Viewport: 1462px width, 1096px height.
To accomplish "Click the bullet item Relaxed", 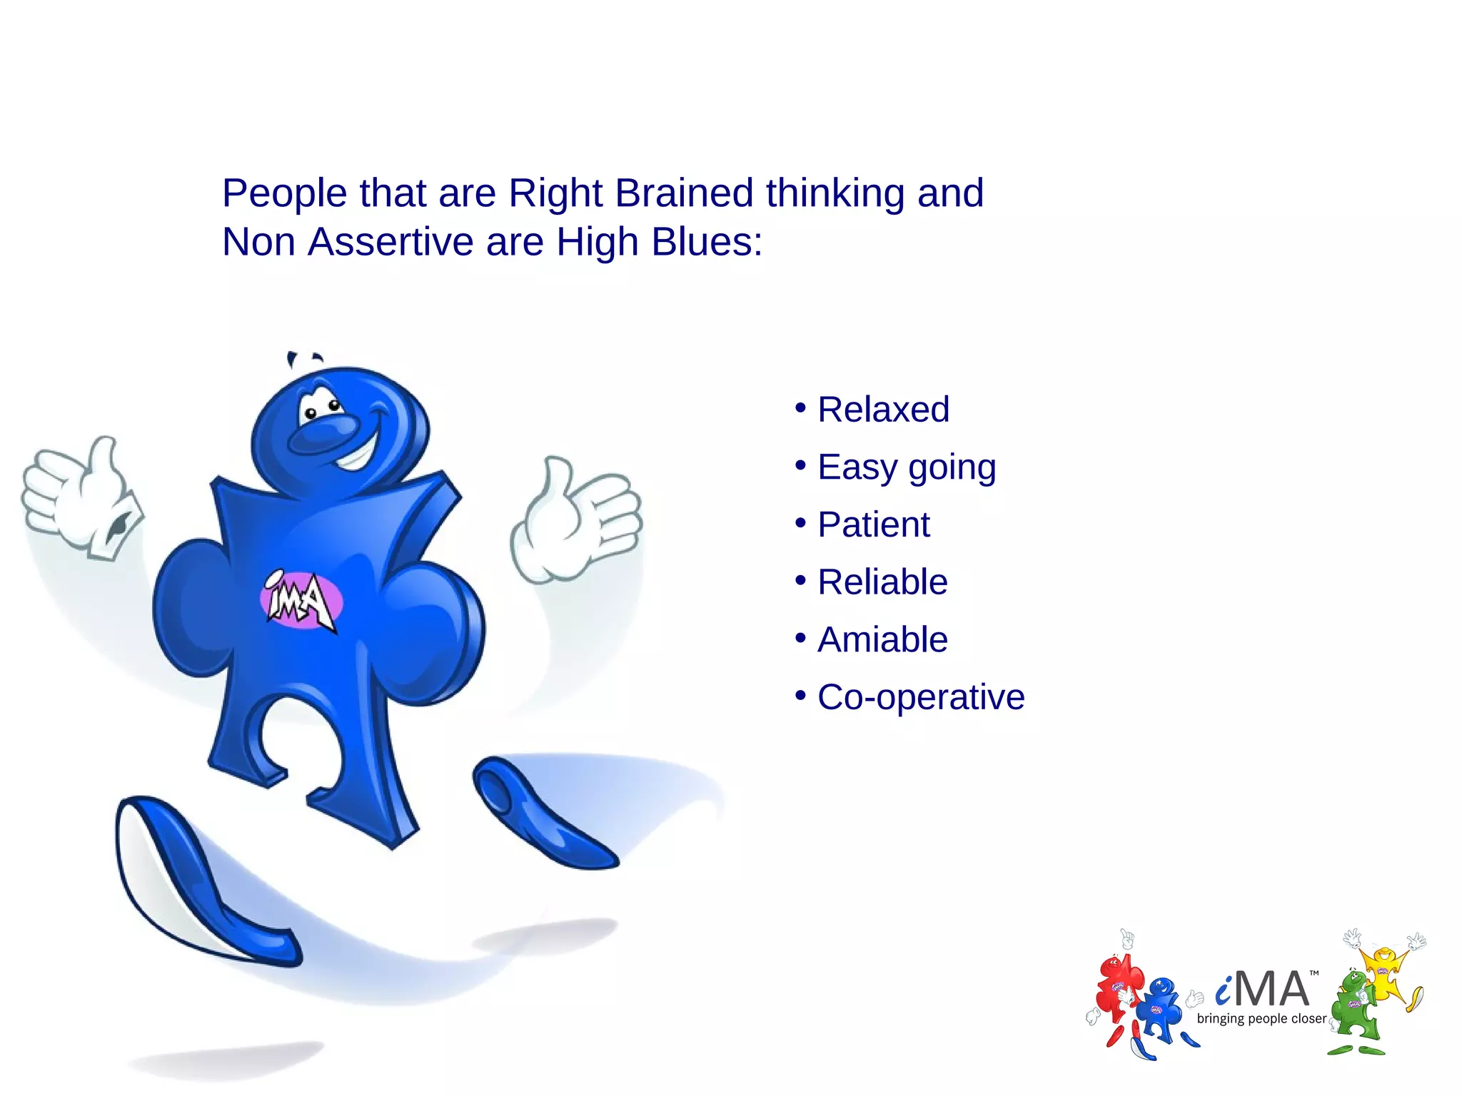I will click(x=882, y=410).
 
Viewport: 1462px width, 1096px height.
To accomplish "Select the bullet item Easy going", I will click(x=906, y=467).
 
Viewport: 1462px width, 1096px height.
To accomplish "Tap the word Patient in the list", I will click(x=873, y=524).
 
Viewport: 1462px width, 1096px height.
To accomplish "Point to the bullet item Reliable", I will click(x=882, y=582).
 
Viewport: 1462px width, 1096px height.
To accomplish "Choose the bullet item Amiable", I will click(x=882, y=639).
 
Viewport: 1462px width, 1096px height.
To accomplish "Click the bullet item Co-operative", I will click(x=920, y=697).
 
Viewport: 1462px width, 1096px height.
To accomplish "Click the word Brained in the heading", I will click(x=684, y=193).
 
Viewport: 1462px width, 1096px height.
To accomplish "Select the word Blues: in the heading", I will click(x=707, y=241).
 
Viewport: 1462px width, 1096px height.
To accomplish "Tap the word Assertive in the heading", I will click(x=391, y=241).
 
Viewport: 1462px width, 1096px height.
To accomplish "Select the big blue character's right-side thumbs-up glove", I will click(x=575, y=517).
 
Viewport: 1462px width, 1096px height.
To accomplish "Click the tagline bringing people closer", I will click(x=1261, y=1019).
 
